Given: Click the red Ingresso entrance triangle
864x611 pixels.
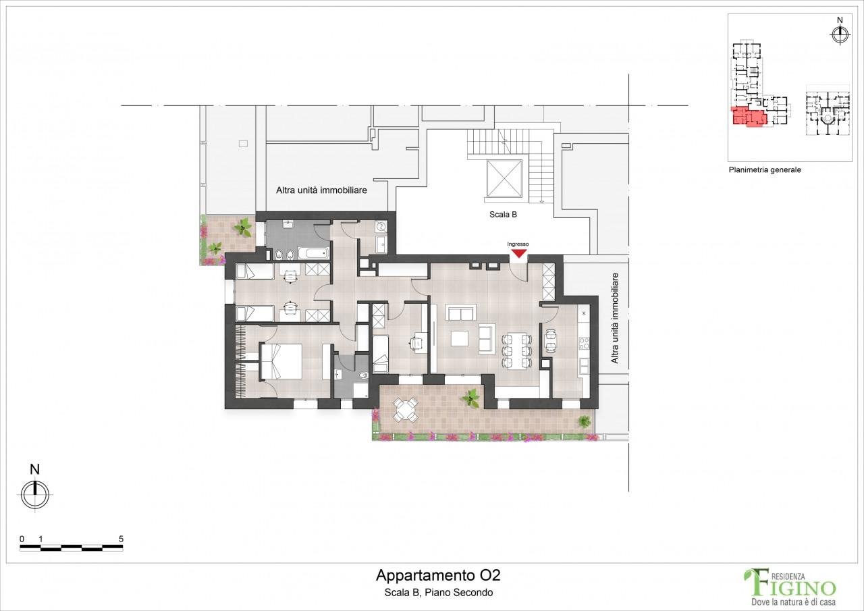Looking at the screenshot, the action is click(518, 253).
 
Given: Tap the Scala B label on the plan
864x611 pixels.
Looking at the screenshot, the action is click(503, 215).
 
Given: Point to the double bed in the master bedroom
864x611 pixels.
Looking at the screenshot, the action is click(281, 361).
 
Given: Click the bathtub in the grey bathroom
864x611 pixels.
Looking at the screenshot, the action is click(313, 253).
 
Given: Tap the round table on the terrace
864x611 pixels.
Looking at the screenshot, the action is click(405, 409).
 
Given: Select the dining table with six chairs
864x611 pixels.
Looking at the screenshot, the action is click(517, 350).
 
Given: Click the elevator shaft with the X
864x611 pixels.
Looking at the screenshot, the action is click(504, 180).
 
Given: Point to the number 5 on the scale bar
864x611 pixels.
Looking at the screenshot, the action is click(121, 539).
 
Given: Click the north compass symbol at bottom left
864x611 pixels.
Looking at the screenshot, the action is click(35, 494).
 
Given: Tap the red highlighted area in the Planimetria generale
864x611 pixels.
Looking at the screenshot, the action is click(747, 117).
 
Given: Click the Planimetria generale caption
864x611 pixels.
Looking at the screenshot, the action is click(765, 169).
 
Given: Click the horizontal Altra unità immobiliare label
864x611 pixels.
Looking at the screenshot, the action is click(321, 190).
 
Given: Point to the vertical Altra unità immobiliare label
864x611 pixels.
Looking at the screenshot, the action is click(614, 318).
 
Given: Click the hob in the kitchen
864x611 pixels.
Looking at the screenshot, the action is click(584, 343).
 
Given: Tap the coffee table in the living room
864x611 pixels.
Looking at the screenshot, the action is click(460, 338).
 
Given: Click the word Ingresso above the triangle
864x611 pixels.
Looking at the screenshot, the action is click(518, 244).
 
